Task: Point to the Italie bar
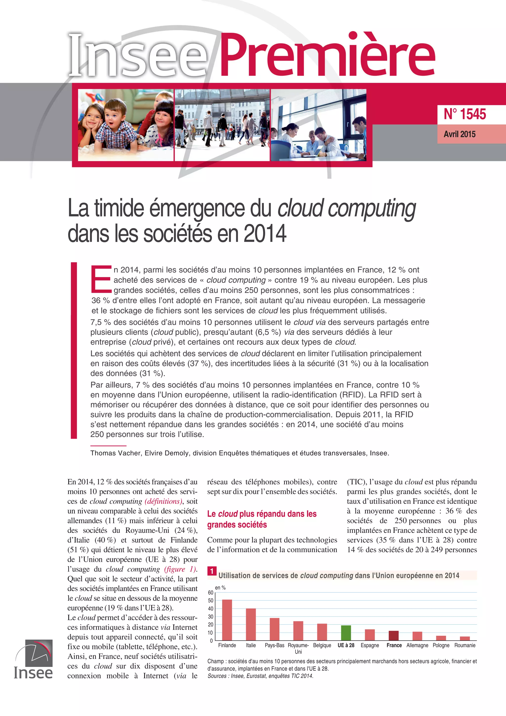click(251, 624)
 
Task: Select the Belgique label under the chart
click(322, 645)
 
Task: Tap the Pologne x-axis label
click(441, 645)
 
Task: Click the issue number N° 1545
click(464, 114)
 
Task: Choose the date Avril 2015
click(460, 134)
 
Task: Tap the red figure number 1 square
click(212, 571)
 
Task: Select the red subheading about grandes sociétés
click(262, 519)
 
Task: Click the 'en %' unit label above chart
click(220, 587)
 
